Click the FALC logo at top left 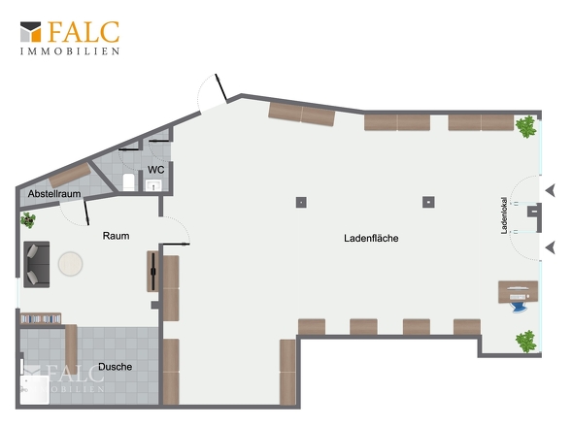[70, 38]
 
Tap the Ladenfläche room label [371, 238]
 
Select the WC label [155, 170]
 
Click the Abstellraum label [54, 193]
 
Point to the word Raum [116, 236]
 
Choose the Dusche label [116, 367]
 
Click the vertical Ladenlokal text [504, 215]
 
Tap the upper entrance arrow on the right [551, 190]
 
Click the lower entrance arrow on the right [551, 247]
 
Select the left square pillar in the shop [301, 202]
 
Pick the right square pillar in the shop [428, 202]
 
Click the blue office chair [520, 306]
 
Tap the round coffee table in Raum [71, 264]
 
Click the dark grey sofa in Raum [37, 265]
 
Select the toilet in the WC [128, 181]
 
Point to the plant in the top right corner [525, 126]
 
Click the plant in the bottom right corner [525, 342]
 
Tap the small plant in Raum [28, 220]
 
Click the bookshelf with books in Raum [41, 319]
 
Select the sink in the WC [153, 185]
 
